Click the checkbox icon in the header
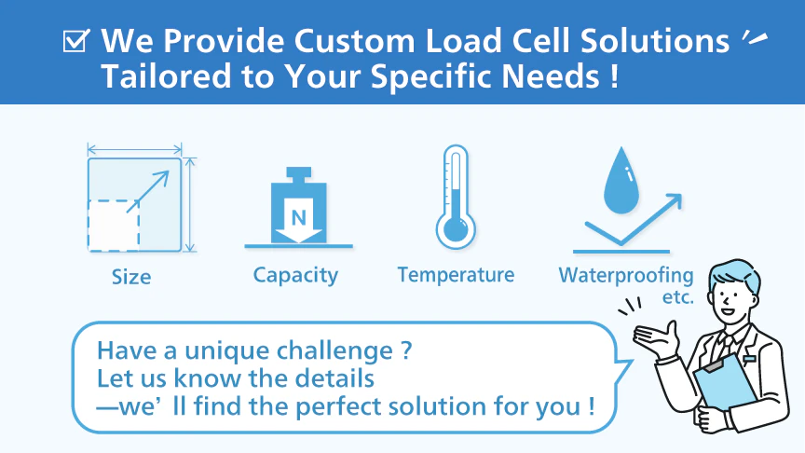tap(76, 41)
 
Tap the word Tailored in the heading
tap(166, 76)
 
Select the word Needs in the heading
tap(551, 76)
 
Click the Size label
tap(131, 278)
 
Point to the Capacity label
tap(295, 276)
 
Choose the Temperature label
tap(456, 275)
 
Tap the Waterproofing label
tap(626, 276)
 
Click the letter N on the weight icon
tap(299, 218)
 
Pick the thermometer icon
tap(456, 198)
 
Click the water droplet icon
tap(621, 180)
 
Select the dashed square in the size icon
tap(114, 226)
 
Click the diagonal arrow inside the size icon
tap(148, 191)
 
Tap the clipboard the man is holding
tap(724, 380)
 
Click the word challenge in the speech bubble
tap(334, 351)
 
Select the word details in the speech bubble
tap(334, 378)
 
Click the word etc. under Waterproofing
tap(678, 296)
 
